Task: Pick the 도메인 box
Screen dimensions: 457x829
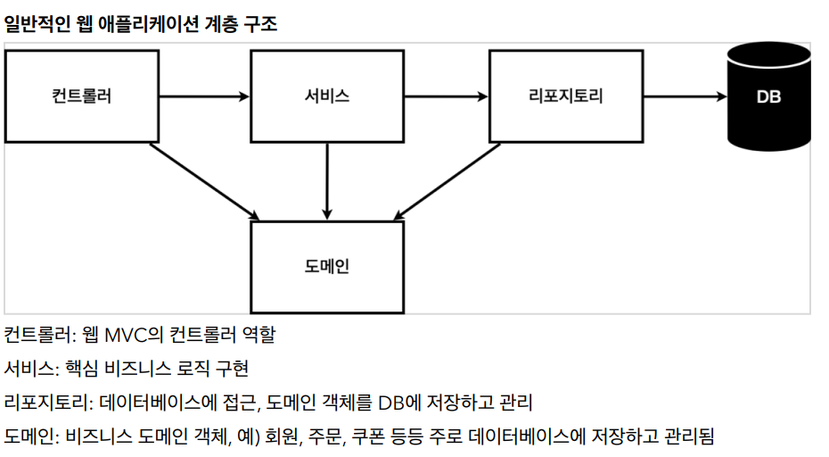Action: point(326,265)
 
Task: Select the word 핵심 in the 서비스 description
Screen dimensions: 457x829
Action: point(84,368)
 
